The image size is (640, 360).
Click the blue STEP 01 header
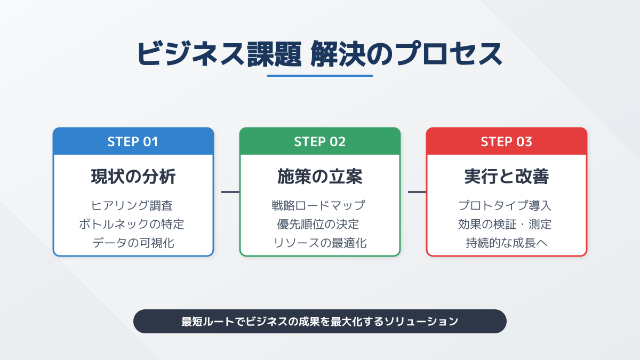[x=133, y=141]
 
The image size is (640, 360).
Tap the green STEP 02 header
[x=319, y=141]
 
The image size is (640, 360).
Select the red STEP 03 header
[x=506, y=141]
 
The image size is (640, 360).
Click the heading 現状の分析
[x=133, y=177]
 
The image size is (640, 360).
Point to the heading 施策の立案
[x=319, y=177]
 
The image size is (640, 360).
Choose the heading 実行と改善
[x=506, y=177]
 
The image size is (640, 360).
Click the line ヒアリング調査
[x=133, y=205]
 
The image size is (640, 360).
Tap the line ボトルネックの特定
[x=133, y=224]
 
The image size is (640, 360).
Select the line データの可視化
[x=133, y=243]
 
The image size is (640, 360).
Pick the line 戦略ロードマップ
[x=319, y=205]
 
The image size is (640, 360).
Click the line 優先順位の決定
[x=319, y=224]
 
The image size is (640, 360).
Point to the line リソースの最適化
[x=319, y=243]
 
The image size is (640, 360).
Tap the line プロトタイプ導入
[x=506, y=205]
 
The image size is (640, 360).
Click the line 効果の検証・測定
[x=506, y=224]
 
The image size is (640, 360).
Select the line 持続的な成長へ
[x=506, y=243]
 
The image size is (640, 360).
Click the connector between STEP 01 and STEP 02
[x=230, y=192]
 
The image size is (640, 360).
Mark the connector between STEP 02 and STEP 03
[x=417, y=192]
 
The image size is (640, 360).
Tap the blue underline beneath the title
[x=319, y=76]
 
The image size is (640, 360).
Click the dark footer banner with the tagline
[x=319, y=321]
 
